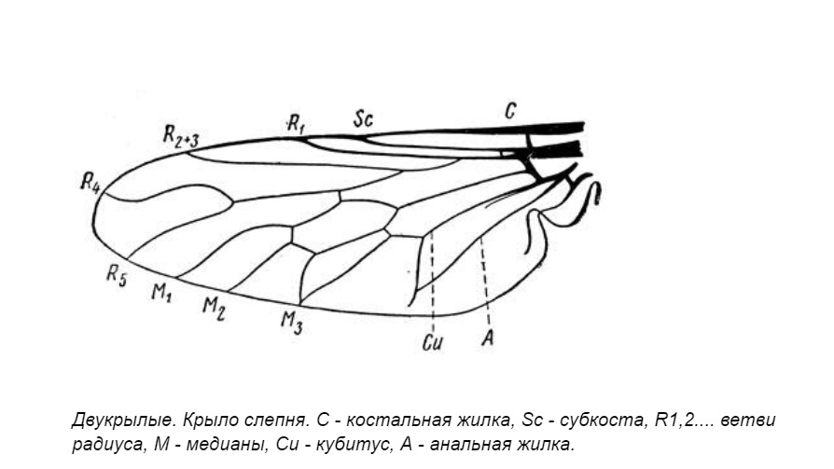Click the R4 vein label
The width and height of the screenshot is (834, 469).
pyautogui.click(x=90, y=182)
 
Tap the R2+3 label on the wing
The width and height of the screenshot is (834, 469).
pyautogui.click(x=180, y=136)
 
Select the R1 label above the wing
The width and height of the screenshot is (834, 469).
pyautogui.click(x=297, y=121)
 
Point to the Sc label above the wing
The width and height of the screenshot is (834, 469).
pyautogui.click(x=364, y=118)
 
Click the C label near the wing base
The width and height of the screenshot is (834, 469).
pyautogui.click(x=510, y=111)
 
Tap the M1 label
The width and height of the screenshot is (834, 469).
pyautogui.click(x=161, y=292)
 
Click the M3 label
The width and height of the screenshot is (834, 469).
pyautogui.click(x=292, y=323)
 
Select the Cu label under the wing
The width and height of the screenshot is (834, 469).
pyautogui.click(x=432, y=341)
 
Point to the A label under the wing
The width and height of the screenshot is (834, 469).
pyautogui.click(x=487, y=337)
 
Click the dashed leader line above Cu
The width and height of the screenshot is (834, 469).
pyautogui.click(x=433, y=280)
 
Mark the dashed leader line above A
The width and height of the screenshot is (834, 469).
pyautogui.click(x=484, y=280)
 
